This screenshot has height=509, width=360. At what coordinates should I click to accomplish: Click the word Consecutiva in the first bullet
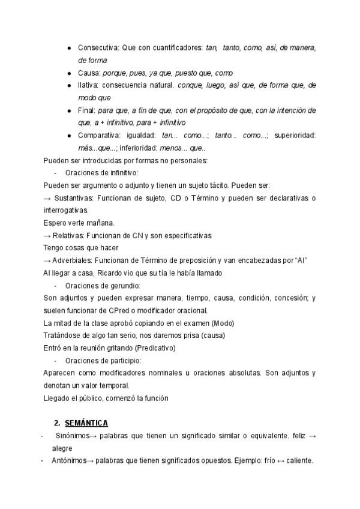98,47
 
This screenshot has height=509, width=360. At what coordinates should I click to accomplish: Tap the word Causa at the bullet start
89,73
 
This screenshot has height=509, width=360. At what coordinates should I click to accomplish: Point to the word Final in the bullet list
88,110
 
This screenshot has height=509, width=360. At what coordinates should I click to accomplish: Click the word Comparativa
99,136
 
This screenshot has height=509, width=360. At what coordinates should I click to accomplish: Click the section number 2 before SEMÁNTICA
57,423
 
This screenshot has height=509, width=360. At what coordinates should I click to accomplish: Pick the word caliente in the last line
299,461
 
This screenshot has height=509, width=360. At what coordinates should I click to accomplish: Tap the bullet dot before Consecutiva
69,47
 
